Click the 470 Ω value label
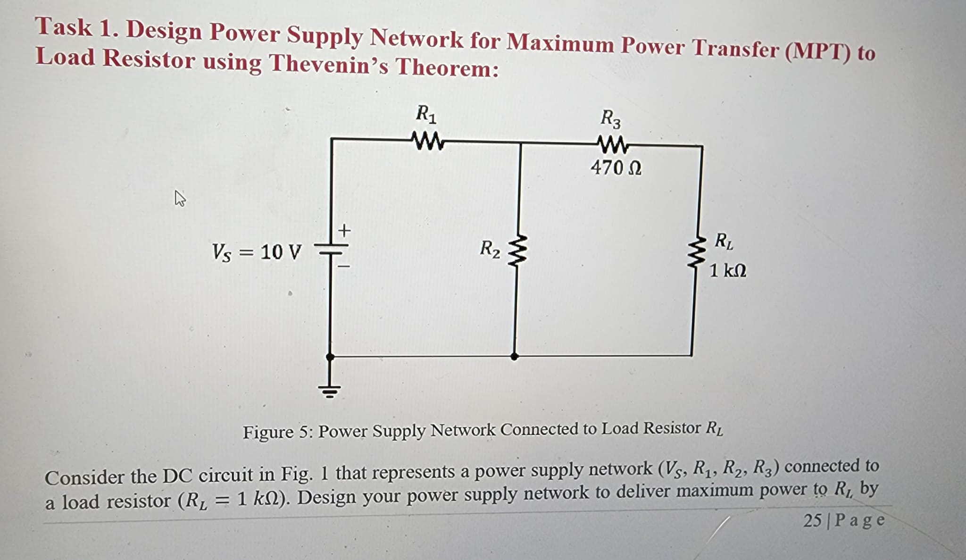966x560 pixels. click(x=616, y=167)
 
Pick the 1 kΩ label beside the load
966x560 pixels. click(x=727, y=271)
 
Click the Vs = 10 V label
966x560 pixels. click(x=256, y=252)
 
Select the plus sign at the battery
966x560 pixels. click(x=345, y=231)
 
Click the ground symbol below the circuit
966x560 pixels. click(x=329, y=391)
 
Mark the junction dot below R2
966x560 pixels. click(x=515, y=357)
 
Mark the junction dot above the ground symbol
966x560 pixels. click(x=330, y=357)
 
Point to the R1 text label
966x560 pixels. click(x=426, y=114)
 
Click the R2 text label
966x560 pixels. click(x=490, y=249)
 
